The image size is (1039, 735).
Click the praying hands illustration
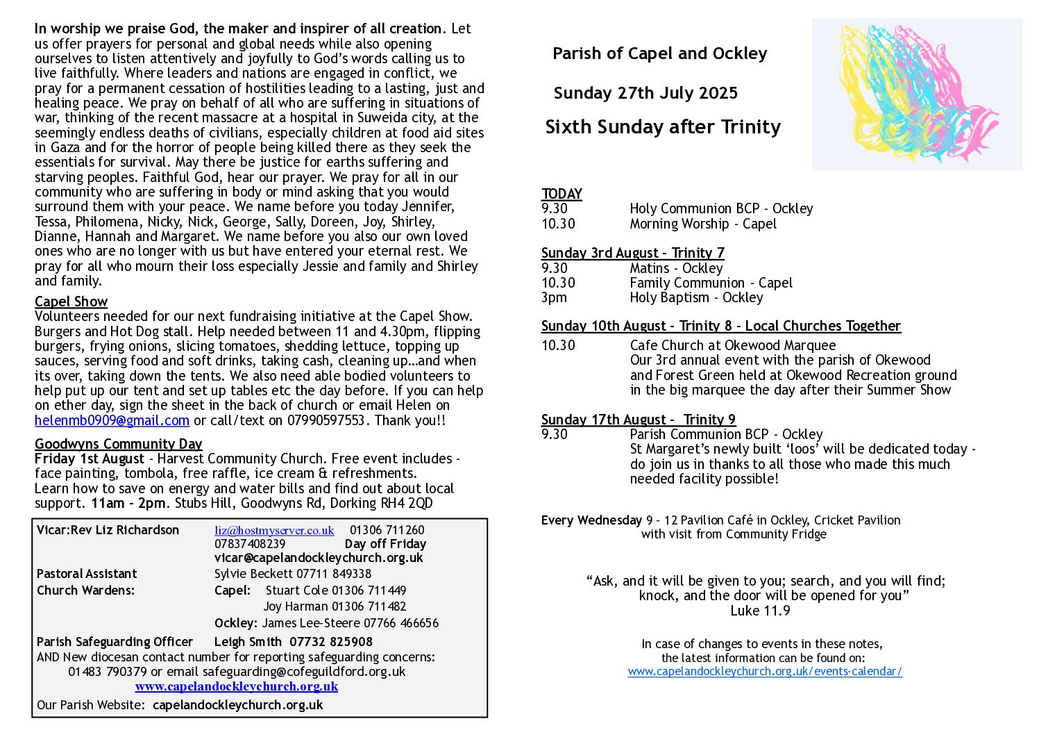[x=916, y=94]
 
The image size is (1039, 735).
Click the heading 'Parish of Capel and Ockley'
[x=659, y=53]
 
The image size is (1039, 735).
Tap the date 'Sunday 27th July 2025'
[x=645, y=93]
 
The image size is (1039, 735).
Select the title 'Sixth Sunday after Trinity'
[x=663, y=127]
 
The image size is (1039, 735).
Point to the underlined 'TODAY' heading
[x=561, y=194]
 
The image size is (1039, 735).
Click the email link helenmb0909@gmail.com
[x=112, y=421]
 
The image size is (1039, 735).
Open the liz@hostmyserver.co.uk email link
[x=274, y=530]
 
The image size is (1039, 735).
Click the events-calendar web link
[x=765, y=671]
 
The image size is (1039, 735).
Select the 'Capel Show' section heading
[x=71, y=302]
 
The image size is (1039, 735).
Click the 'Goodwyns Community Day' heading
[x=118, y=444]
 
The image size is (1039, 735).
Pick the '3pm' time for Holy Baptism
[x=554, y=298]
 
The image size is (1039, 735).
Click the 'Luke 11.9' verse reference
[x=760, y=611]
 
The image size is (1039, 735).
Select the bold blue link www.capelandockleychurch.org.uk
[x=236, y=686]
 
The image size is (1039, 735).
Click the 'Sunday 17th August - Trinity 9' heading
[x=638, y=420]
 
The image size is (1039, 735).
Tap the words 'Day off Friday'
[x=385, y=544]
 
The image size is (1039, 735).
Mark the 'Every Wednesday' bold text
[x=591, y=520]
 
